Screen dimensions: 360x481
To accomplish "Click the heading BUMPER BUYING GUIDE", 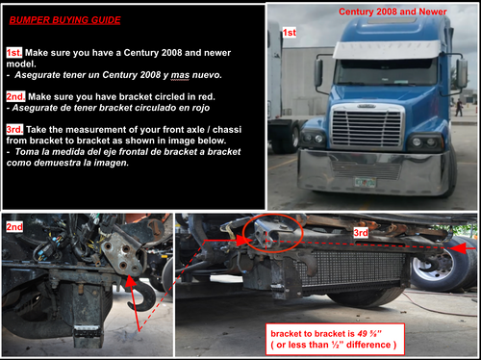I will pos(64,19).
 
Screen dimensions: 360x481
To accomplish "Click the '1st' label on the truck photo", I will pos(289,32).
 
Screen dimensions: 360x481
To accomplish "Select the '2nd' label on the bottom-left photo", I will pos(14,226).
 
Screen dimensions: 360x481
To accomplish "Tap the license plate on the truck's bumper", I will pos(366,181).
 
